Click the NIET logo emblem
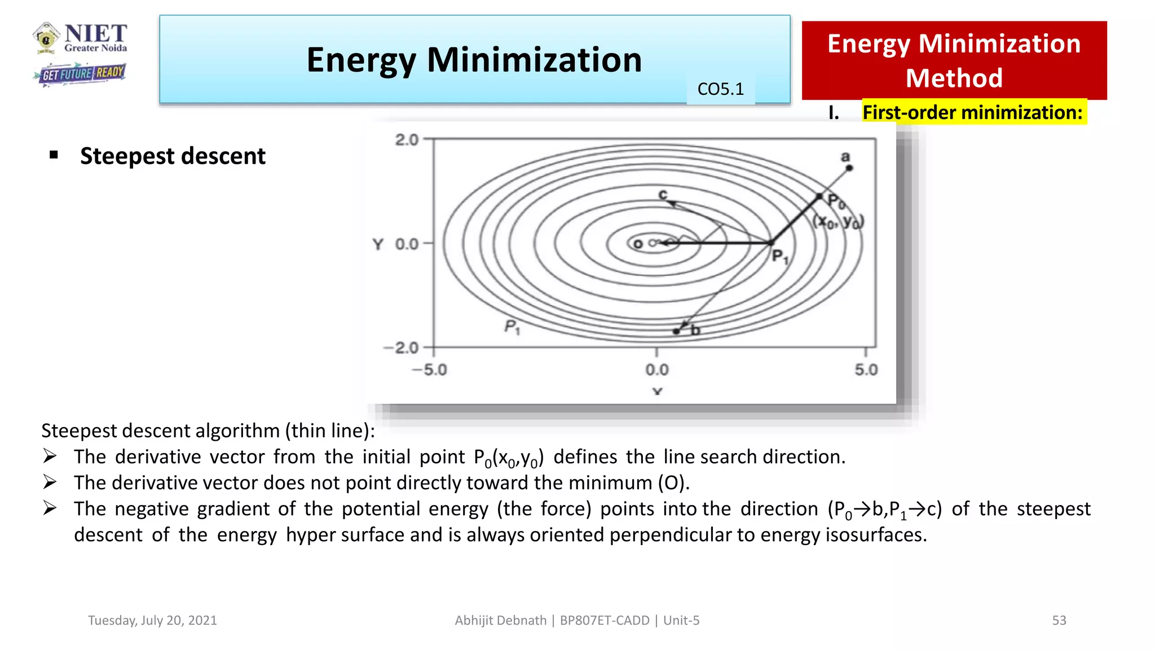click(x=46, y=38)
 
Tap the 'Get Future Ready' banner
click(x=80, y=73)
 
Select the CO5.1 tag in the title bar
click(x=720, y=89)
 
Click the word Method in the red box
click(x=954, y=78)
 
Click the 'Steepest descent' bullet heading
click(x=173, y=156)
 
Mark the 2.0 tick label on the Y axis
click(x=407, y=139)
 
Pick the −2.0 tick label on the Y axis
click(x=402, y=348)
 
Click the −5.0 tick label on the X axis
click(x=429, y=370)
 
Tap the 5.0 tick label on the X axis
click(x=866, y=370)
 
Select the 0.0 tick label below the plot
click(x=657, y=370)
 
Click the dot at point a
click(x=849, y=168)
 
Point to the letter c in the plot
click(x=663, y=194)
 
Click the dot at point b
click(x=676, y=331)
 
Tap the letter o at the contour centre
click(x=638, y=244)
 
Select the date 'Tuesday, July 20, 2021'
click(x=152, y=620)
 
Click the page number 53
click(x=1059, y=620)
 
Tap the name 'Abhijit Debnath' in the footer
click(x=500, y=620)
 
